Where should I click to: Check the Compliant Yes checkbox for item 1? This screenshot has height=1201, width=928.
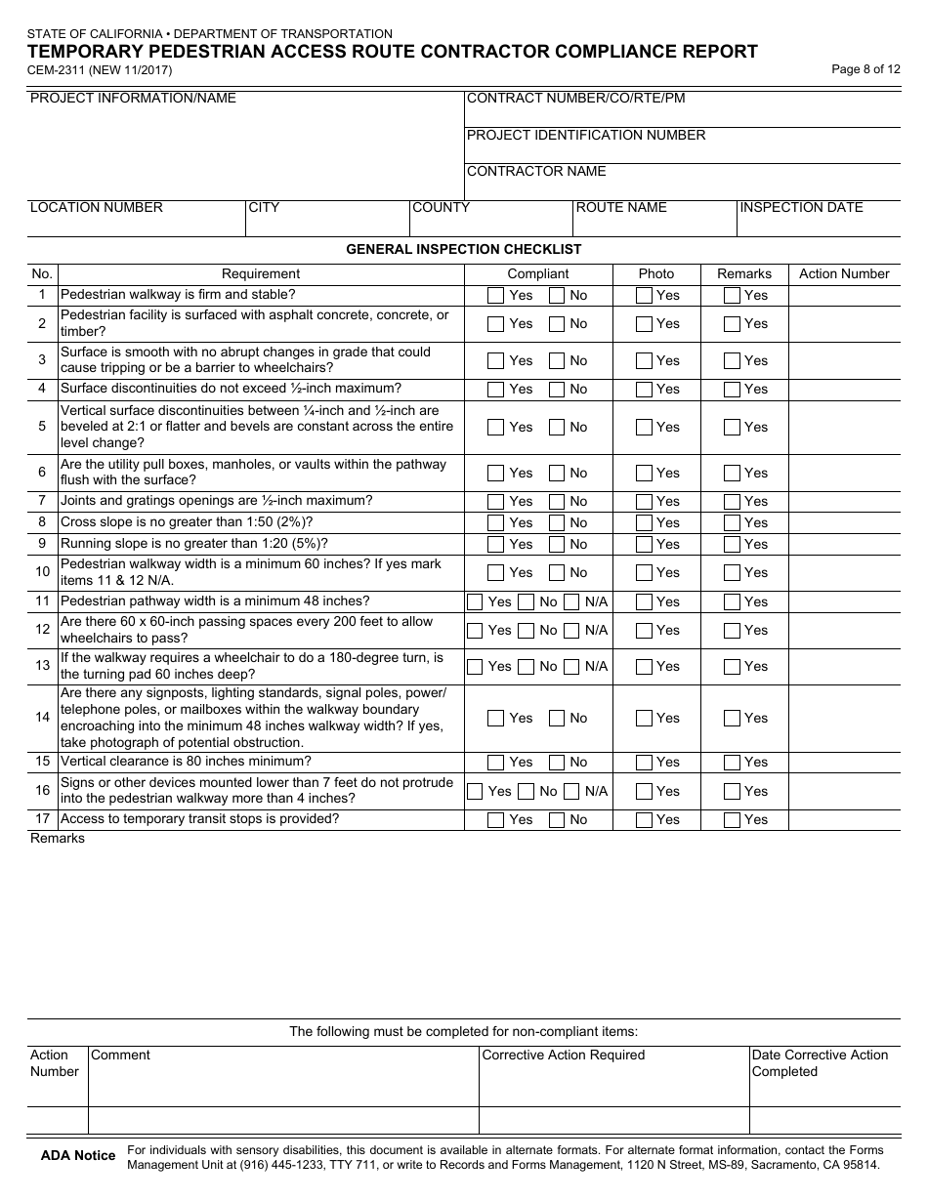tap(496, 295)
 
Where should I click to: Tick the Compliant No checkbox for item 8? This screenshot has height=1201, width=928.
tap(557, 522)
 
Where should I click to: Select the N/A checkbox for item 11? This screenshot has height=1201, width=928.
tap(572, 602)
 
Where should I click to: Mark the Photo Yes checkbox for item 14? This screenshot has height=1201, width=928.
tap(644, 719)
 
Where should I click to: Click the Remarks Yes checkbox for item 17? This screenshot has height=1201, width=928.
tap(732, 820)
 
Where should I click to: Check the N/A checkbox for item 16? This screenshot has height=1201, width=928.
tap(572, 792)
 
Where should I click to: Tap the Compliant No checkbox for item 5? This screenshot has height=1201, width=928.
tap(557, 428)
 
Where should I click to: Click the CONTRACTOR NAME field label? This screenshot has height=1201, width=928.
tap(536, 172)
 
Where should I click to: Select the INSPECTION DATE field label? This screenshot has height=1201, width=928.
tap(801, 207)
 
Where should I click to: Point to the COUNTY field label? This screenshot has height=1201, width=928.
tap(441, 207)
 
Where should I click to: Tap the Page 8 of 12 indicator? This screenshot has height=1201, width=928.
tap(865, 68)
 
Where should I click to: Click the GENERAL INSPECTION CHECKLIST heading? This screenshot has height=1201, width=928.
tap(464, 249)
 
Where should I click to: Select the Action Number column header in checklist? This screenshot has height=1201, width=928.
tap(844, 274)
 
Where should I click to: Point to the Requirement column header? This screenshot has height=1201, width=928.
tap(261, 274)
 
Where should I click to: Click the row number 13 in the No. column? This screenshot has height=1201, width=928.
tap(42, 666)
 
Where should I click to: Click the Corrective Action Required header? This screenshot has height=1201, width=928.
tap(564, 1055)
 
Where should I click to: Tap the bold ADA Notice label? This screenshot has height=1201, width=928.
tap(78, 1156)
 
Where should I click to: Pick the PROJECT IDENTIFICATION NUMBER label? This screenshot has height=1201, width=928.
tap(586, 135)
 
